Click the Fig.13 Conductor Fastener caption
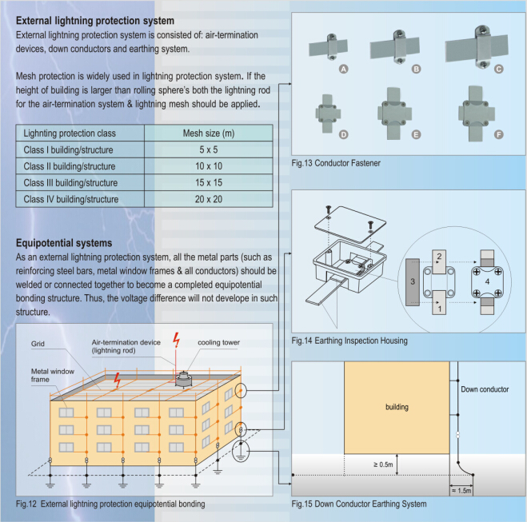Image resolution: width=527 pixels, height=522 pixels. click(x=336, y=164)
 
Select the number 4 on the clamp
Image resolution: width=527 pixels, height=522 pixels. click(x=487, y=282)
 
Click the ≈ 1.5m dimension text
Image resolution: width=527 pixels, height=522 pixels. click(x=462, y=488)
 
